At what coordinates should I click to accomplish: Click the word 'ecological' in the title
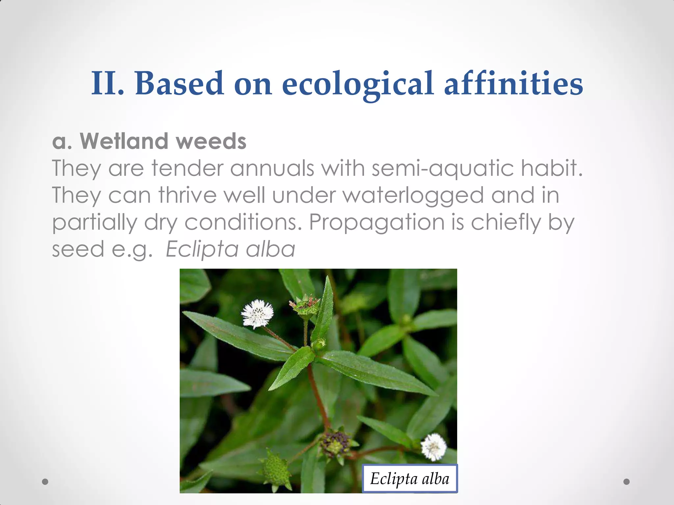pos(357,84)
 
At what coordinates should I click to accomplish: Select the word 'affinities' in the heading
pos(513,84)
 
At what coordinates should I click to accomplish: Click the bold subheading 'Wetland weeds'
pos(163,141)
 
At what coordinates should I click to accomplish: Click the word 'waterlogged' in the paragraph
pos(413,195)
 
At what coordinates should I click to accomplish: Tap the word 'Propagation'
pos(377,222)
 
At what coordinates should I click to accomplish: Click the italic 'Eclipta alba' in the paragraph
pos(230,249)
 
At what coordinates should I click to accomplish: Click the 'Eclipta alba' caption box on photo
pos(409,479)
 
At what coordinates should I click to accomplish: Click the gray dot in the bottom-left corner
pos(45,482)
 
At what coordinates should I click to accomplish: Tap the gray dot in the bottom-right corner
pos(627,482)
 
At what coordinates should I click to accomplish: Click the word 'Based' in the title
pos(179,84)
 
